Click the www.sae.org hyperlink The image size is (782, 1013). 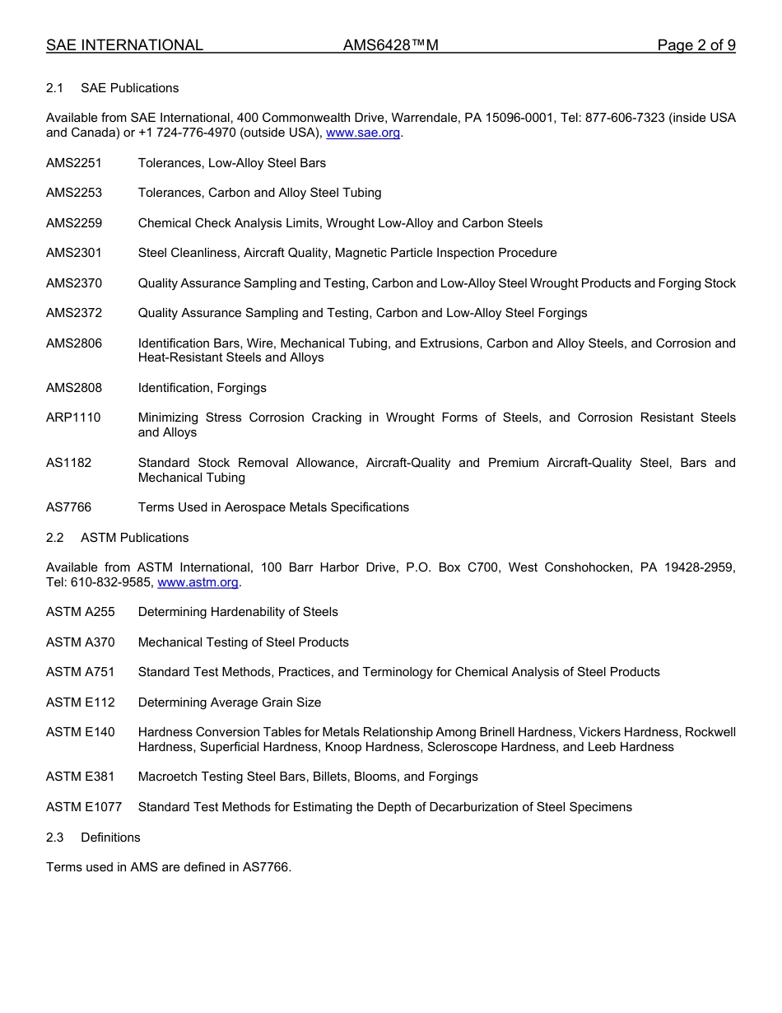363,133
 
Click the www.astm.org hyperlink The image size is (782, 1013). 198,582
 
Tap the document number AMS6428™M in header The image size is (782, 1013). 390,45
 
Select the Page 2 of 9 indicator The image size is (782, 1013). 696,45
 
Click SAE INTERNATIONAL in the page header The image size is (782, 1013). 124,45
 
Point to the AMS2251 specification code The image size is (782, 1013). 74,163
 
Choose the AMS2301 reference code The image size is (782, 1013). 74,253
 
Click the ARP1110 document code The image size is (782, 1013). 73,418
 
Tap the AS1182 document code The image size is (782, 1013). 69,463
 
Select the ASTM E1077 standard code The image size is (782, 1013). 84,807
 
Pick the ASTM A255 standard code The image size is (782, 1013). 81,612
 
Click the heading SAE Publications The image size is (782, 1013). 129,88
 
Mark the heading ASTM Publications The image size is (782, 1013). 134,538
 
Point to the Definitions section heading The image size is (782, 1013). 110,838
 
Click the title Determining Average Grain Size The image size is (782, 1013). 230,703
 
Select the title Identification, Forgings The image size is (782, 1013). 202,388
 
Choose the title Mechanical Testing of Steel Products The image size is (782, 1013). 244,642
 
